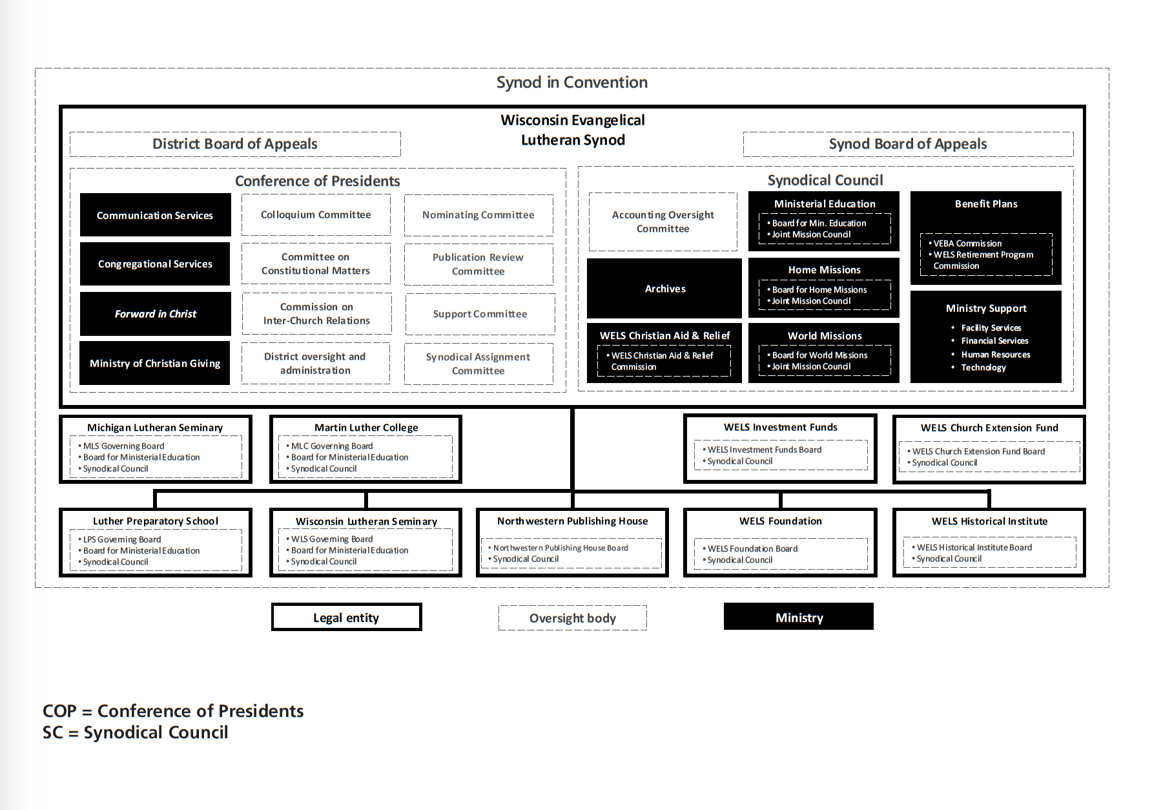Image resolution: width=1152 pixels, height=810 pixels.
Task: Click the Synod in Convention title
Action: pyautogui.click(x=571, y=83)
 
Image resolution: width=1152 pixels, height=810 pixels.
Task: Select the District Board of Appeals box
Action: pyautogui.click(x=235, y=144)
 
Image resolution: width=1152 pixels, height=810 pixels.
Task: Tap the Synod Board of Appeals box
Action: pyautogui.click(x=908, y=144)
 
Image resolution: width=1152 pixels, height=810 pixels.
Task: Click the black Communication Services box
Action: pyautogui.click(x=155, y=215)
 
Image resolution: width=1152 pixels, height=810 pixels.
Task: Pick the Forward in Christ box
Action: pyautogui.click(x=155, y=314)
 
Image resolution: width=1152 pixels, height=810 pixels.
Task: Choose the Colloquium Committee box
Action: pyautogui.click(x=316, y=214)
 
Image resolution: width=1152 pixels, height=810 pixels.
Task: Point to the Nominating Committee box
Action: pyautogui.click(x=478, y=215)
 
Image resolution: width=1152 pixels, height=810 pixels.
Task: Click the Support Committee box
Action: pyautogui.click(x=480, y=314)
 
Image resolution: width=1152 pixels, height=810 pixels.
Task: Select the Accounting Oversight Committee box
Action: pyautogui.click(x=663, y=222)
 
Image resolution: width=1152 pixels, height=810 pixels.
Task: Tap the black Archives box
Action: pyautogui.click(x=664, y=289)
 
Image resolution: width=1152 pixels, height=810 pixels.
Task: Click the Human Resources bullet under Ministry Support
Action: pyautogui.click(x=995, y=355)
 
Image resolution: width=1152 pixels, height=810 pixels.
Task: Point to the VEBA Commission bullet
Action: pyautogui.click(x=967, y=244)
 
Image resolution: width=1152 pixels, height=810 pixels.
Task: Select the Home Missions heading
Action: pyautogui.click(x=824, y=270)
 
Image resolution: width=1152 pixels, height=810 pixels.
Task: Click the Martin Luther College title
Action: pyautogui.click(x=366, y=428)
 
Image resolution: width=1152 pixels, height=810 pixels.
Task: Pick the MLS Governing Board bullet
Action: pyautogui.click(x=123, y=446)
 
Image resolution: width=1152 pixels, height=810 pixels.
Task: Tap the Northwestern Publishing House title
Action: pyautogui.click(x=572, y=521)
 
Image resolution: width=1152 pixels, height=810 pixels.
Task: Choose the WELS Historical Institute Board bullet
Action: pyautogui.click(x=974, y=547)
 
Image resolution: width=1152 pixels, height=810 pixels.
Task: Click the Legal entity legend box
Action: pyautogui.click(x=346, y=618)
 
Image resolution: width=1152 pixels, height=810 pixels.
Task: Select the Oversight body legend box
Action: pyautogui.click(x=573, y=618)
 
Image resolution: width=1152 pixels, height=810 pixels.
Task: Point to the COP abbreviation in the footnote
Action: pyautogui.click(x=59, y=711)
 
